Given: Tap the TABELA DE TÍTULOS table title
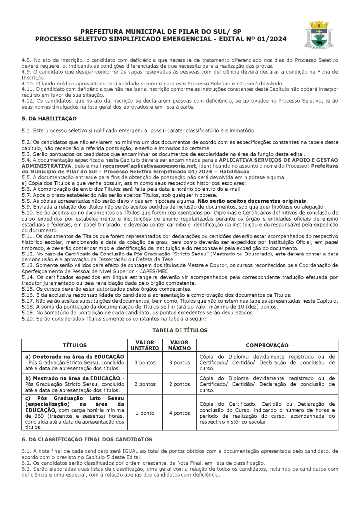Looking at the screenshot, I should (x=180, y=330).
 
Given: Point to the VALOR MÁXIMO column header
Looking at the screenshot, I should (x=179, y=345).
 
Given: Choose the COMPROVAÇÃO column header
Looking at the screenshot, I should (x=267, y=345).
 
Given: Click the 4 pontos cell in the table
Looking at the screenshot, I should (x=179, y=413).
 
